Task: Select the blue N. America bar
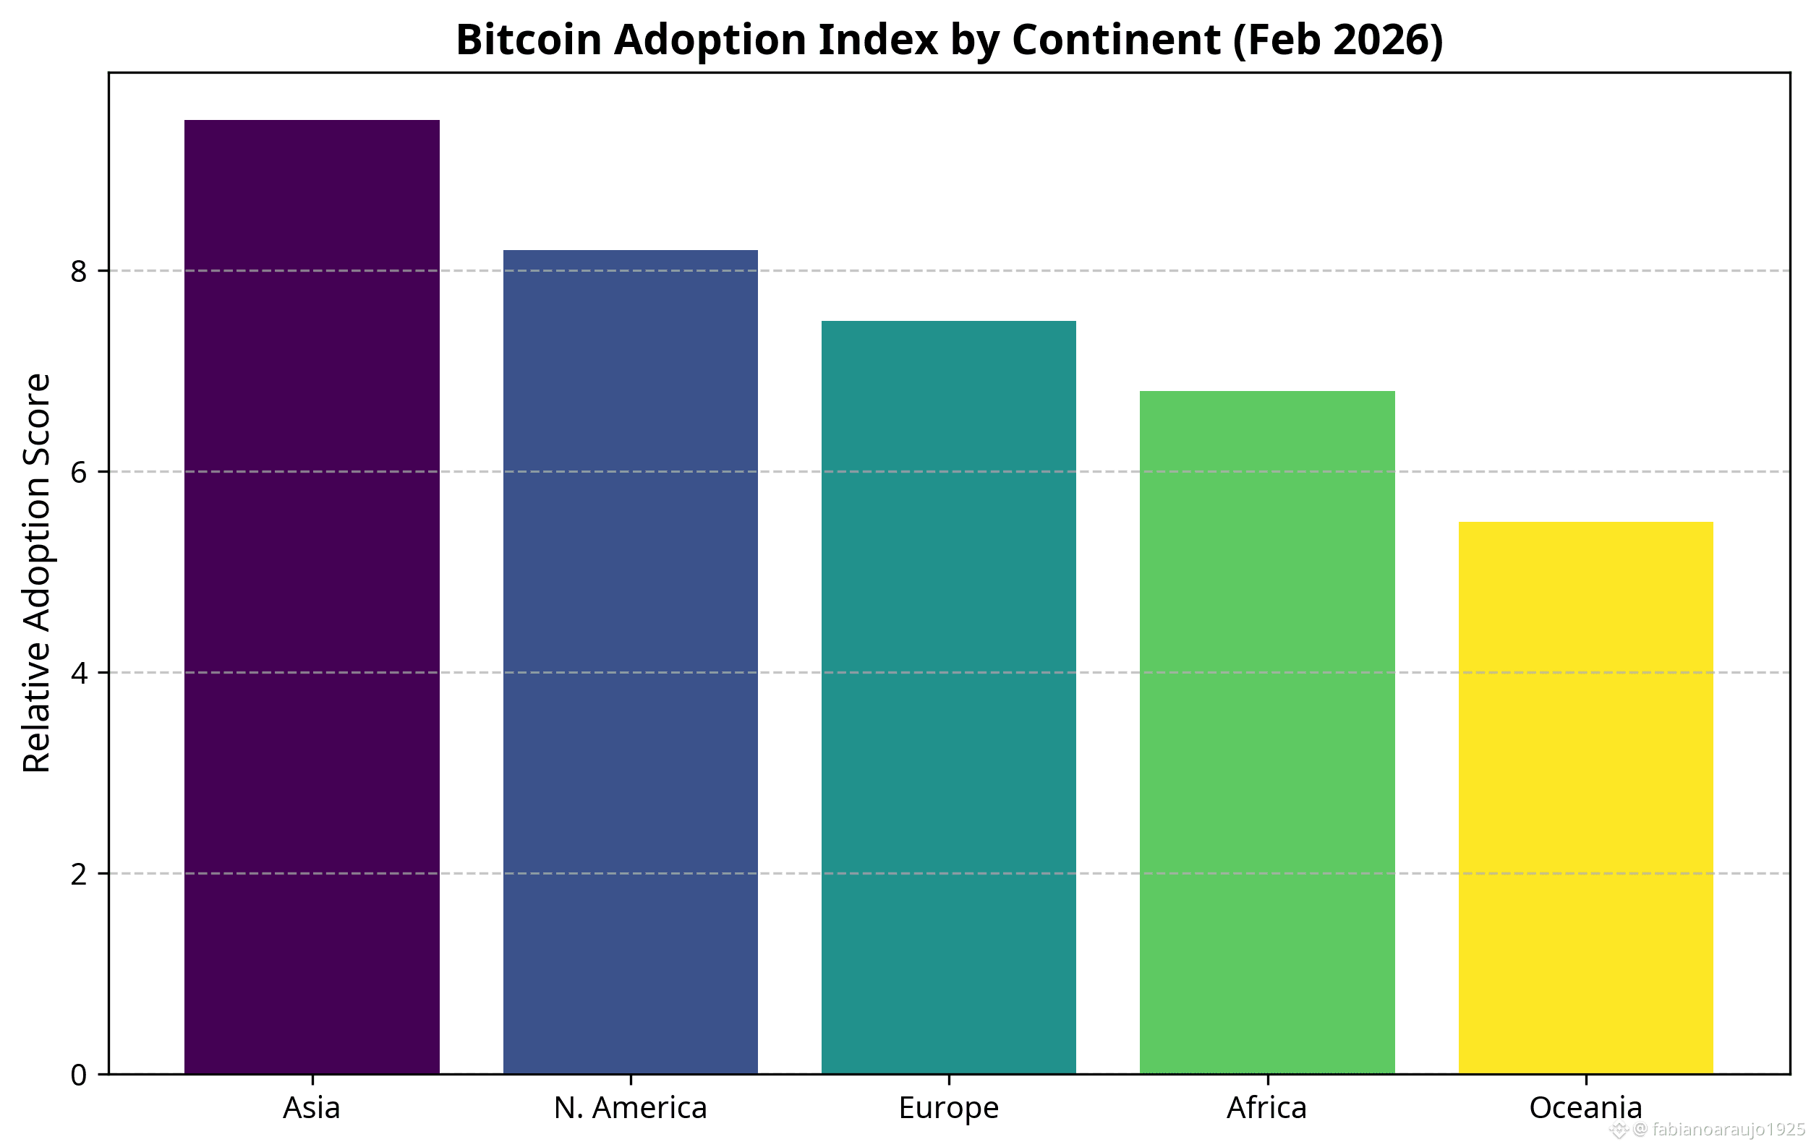point(630,661)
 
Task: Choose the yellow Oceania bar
point(1585,796)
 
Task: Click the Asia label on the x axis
point(312,1108)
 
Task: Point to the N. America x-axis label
point(630,1108)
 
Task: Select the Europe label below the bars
point(948,1108)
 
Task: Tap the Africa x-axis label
point(1267,1108)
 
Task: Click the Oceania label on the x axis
point(1585,1108)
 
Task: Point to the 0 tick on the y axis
point(79,1075)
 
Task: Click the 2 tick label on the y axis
point(79,874)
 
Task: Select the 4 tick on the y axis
point(79,674)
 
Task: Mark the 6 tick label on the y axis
point(79,473)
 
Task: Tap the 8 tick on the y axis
point(79,271)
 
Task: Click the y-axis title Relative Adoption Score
point(36,572)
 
